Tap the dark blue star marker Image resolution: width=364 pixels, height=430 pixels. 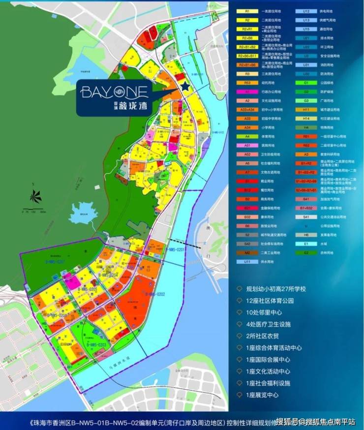click(x=184, y=87)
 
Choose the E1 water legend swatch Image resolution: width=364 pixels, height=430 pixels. click(x=306, y=243)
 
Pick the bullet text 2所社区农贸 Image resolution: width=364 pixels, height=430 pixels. click(x=261, y=336)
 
